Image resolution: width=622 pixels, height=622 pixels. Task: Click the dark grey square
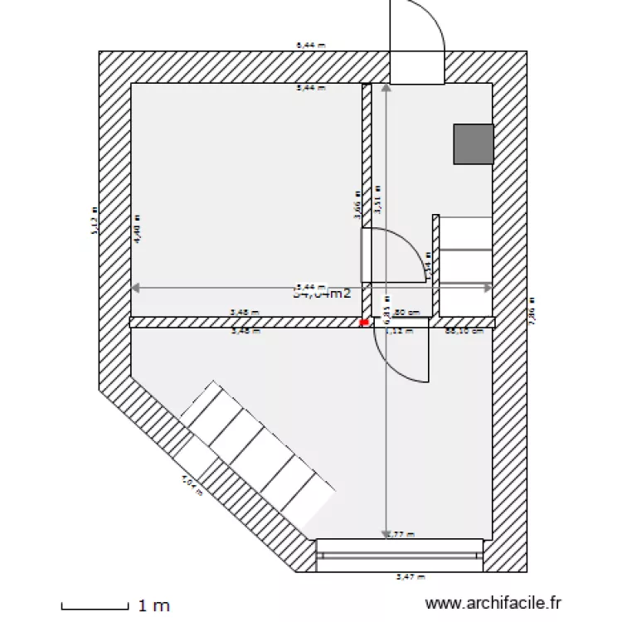[474, 143]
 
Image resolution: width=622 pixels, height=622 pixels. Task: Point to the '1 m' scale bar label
[154, 605]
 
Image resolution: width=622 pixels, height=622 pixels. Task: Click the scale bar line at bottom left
[95, 605]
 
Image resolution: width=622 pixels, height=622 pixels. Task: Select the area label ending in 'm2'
[323, 292]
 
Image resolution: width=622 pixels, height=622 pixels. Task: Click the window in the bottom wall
[400, 555]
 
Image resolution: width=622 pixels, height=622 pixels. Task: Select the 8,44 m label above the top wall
[309, 46]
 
